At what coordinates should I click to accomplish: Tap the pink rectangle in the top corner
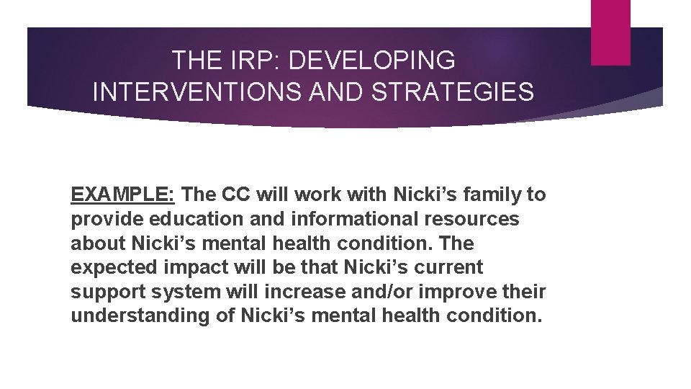coord(610,32)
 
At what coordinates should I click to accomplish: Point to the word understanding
coord(137,316)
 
